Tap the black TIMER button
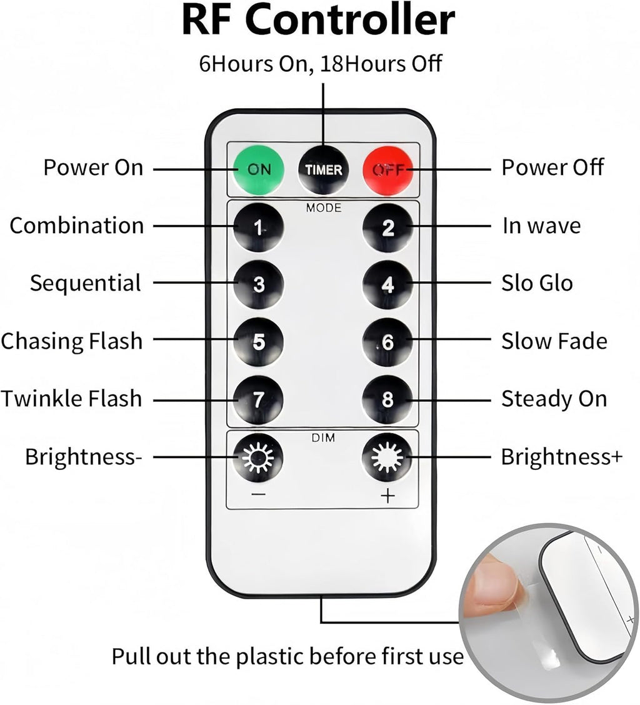pos(323,169)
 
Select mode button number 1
pos(259,227)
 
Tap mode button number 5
pos(259,342)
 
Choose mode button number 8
pos(387,399)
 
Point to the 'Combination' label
pos(76,225)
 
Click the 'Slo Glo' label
pos(537,282)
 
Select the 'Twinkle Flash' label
pos(71,398)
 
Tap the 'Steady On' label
pos(554,398)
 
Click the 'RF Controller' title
pos(318,20)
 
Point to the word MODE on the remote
pos(324,207)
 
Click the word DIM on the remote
pos(323,437)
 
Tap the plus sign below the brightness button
pos(387,496)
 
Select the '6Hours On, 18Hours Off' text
pos(320,63)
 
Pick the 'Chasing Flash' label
pos(72,341)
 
